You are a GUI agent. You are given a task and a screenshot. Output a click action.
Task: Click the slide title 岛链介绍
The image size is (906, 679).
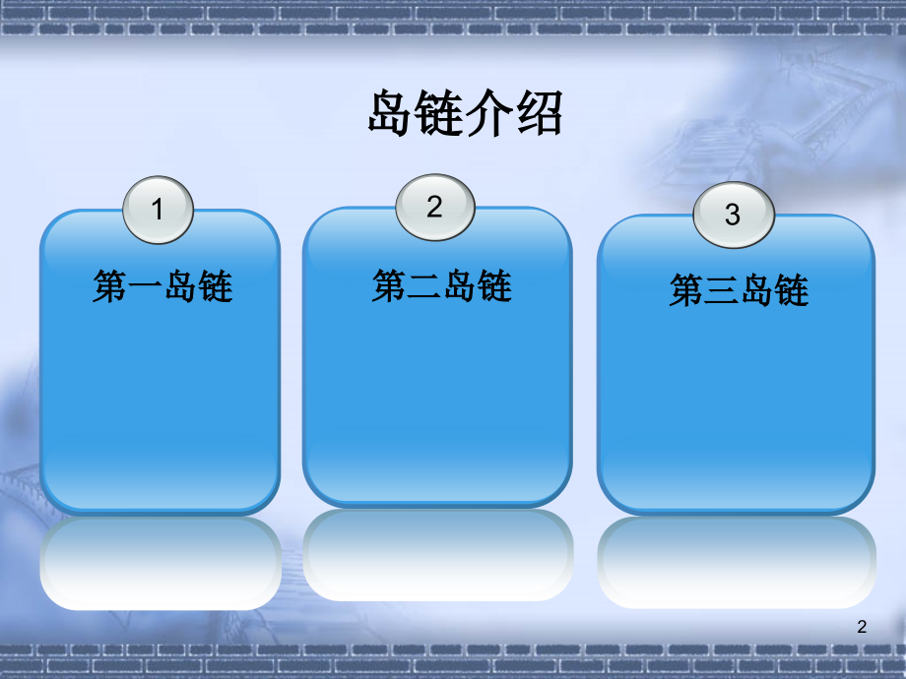(x=465, y=112)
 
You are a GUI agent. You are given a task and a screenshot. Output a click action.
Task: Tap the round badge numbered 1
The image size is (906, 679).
(x=158, y=210)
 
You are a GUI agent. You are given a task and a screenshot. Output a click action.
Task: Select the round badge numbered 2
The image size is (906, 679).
(x=435, y=208)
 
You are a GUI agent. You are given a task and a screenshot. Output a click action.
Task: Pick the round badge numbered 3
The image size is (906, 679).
(x=734, y=215)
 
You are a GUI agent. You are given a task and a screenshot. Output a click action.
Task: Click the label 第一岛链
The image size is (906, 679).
(x=162, y=285)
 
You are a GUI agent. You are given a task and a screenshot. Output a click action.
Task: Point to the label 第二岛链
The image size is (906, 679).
(x=442, y=285)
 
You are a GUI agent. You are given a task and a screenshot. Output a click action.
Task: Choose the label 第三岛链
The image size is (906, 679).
(x=739, y=290)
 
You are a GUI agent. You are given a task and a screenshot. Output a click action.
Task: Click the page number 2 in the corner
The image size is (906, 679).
(x=862, y=627)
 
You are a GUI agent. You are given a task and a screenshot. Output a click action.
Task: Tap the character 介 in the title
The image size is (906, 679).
(x=490, y=112)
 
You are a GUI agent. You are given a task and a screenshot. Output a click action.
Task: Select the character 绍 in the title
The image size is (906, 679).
(x=539, y=112)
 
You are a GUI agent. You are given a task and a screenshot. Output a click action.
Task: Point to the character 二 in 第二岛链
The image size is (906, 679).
(x=424, y=285)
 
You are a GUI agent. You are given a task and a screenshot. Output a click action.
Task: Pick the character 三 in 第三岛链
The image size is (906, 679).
(x=722, y=290)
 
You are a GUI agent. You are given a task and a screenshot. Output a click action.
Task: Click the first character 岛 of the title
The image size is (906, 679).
(x=392, y=112)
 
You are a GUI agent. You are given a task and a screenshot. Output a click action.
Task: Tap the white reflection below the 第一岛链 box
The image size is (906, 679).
(x=161, y=563)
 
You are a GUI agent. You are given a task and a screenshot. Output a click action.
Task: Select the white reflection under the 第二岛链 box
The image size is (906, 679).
(x=438, y=555)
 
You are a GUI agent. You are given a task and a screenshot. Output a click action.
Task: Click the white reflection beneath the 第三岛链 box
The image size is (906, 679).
(x=737, y=562)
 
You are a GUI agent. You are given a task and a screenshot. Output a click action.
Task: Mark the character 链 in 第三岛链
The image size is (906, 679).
(x=792, y=290)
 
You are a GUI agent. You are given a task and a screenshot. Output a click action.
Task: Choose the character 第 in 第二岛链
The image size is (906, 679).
(x=389, y=285)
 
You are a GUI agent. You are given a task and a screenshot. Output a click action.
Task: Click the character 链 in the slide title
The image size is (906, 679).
(x=441, y=112)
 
